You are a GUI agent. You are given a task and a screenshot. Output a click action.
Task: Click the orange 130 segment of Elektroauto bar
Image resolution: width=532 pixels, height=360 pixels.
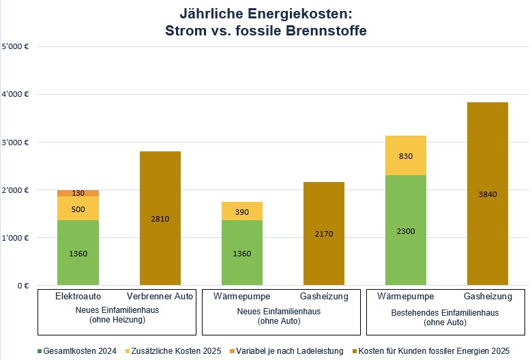click(x=78, y=193)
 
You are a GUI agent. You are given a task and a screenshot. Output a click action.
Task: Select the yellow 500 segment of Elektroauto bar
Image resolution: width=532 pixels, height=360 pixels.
click(x=78, y=209)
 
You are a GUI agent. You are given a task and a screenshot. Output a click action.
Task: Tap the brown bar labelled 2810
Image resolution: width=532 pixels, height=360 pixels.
click(x=160, y=218)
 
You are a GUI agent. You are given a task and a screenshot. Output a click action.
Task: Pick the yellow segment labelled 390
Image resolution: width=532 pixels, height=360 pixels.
click(x=242, y=211)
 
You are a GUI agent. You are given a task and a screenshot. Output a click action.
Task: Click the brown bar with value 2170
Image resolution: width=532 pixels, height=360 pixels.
click(x=324, y=233)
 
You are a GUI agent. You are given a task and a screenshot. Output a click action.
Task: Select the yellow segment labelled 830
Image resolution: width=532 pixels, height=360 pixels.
click(x=406, y=155)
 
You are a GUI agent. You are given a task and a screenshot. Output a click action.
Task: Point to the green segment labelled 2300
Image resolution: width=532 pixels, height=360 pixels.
click(x=406, y=230)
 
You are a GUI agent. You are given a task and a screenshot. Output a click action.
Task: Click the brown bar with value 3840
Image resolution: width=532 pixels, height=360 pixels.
click(x=488, y=194)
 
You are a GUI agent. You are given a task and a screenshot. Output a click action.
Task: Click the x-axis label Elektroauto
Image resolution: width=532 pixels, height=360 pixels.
click(x=78, y=296)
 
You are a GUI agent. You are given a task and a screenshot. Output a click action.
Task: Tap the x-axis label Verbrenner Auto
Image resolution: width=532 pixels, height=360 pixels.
click(x=160, y=296)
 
